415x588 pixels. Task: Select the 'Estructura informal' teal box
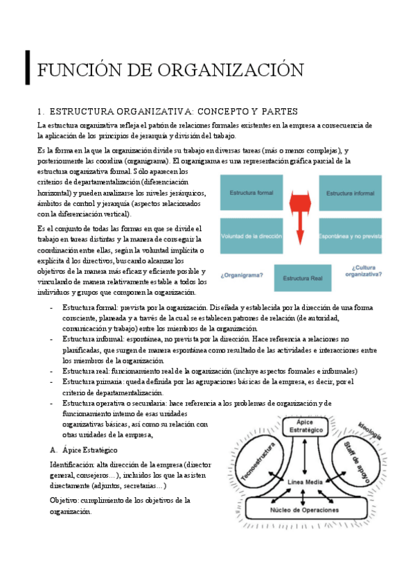(x=351, y=193)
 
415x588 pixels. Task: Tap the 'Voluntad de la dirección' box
(x=251, y=236)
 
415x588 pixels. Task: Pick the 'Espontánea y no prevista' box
(x=351, y=236)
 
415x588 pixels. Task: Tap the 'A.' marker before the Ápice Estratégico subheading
(x=53, y=449)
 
